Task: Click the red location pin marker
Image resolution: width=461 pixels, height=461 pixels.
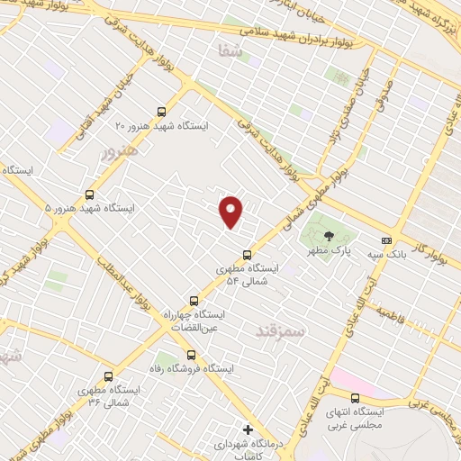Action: click(232, 212)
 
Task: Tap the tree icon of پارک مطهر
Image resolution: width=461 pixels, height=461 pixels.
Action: click(328, 235)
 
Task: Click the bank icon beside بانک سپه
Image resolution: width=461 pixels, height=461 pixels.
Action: click(386, 240)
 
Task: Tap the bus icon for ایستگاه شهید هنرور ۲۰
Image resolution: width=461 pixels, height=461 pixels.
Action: click(161, 112)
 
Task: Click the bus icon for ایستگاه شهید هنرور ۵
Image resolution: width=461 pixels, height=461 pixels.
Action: click(89, 194)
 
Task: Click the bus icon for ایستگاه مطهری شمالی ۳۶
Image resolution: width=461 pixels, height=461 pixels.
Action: click(109, 376)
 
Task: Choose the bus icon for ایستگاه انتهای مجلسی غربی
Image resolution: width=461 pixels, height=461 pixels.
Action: click(355, 398)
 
